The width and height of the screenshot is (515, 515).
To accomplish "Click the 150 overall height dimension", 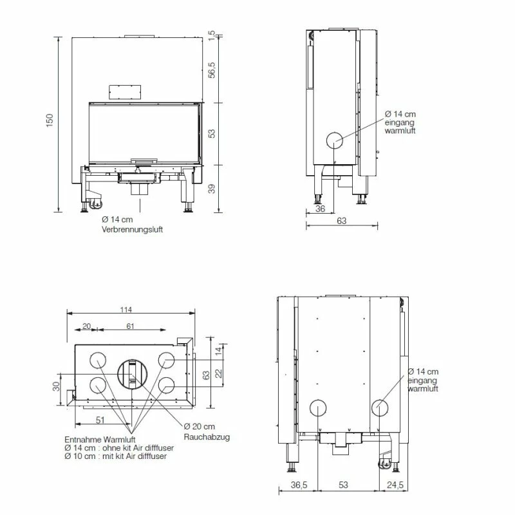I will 50,120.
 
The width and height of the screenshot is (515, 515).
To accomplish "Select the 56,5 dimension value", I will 212,70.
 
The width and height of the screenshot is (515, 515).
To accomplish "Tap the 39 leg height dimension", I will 212,188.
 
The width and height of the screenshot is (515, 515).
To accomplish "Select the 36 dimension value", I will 320,208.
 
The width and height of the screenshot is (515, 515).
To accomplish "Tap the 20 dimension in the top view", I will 86,326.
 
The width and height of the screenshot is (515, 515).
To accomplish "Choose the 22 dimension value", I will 218,373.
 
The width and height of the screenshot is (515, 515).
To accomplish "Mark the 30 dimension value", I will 56,387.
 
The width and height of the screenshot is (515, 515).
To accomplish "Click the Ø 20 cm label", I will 200,427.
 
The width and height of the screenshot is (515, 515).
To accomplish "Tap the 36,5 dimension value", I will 297,484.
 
